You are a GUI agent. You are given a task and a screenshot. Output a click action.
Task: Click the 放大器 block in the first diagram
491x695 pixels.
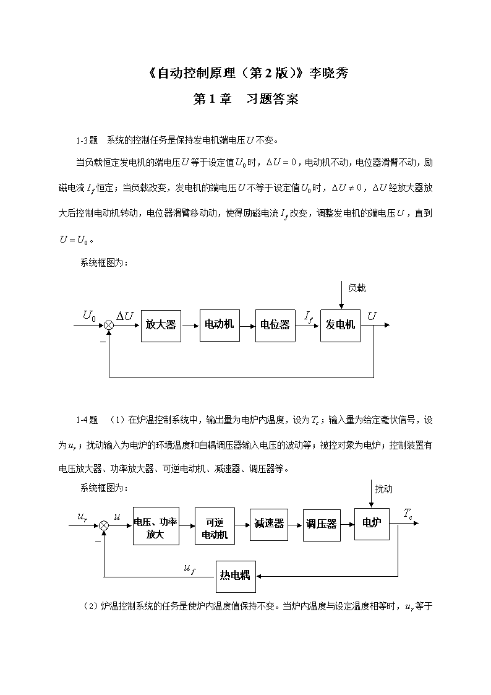pos(161,326)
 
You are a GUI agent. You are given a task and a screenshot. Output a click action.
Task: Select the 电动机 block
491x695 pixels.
pos(220,326)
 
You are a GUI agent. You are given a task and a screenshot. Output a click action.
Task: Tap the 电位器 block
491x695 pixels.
pos(275,326)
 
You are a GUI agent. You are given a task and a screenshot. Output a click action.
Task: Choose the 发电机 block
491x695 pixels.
pos(340,326)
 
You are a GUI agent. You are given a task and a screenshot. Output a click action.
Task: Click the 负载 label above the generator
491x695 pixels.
pos(357,288)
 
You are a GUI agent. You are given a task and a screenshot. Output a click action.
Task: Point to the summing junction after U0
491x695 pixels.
pos(108,326)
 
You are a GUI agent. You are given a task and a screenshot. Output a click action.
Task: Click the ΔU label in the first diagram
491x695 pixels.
pos(125,316)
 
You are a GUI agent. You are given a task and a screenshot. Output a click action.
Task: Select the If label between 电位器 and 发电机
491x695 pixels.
pos(309,316)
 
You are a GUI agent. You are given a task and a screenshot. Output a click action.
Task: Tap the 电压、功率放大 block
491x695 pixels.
pos(156,526)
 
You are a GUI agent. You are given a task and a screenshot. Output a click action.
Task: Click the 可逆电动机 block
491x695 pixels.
pos(215,526)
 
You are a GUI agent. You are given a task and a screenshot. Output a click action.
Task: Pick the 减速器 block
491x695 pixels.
pos(269,525)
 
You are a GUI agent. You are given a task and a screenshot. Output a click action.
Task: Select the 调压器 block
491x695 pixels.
pos(322,525)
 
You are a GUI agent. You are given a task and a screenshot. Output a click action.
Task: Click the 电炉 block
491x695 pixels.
pos(372,524)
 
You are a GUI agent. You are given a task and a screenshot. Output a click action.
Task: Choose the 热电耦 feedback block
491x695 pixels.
pos(236,576)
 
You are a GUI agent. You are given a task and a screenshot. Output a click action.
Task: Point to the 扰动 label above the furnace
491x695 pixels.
pos(383,489)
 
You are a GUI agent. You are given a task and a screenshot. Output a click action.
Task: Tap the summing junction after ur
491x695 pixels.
pos(104,525)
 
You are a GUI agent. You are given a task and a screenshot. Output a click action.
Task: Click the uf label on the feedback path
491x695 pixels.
pos(190,569)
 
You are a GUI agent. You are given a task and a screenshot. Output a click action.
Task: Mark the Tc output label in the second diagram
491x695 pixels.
pos(408,514)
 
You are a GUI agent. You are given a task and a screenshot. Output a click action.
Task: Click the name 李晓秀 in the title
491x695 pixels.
pos(329,72)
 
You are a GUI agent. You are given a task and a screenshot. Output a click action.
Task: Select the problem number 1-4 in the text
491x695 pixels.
pos(82,420)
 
